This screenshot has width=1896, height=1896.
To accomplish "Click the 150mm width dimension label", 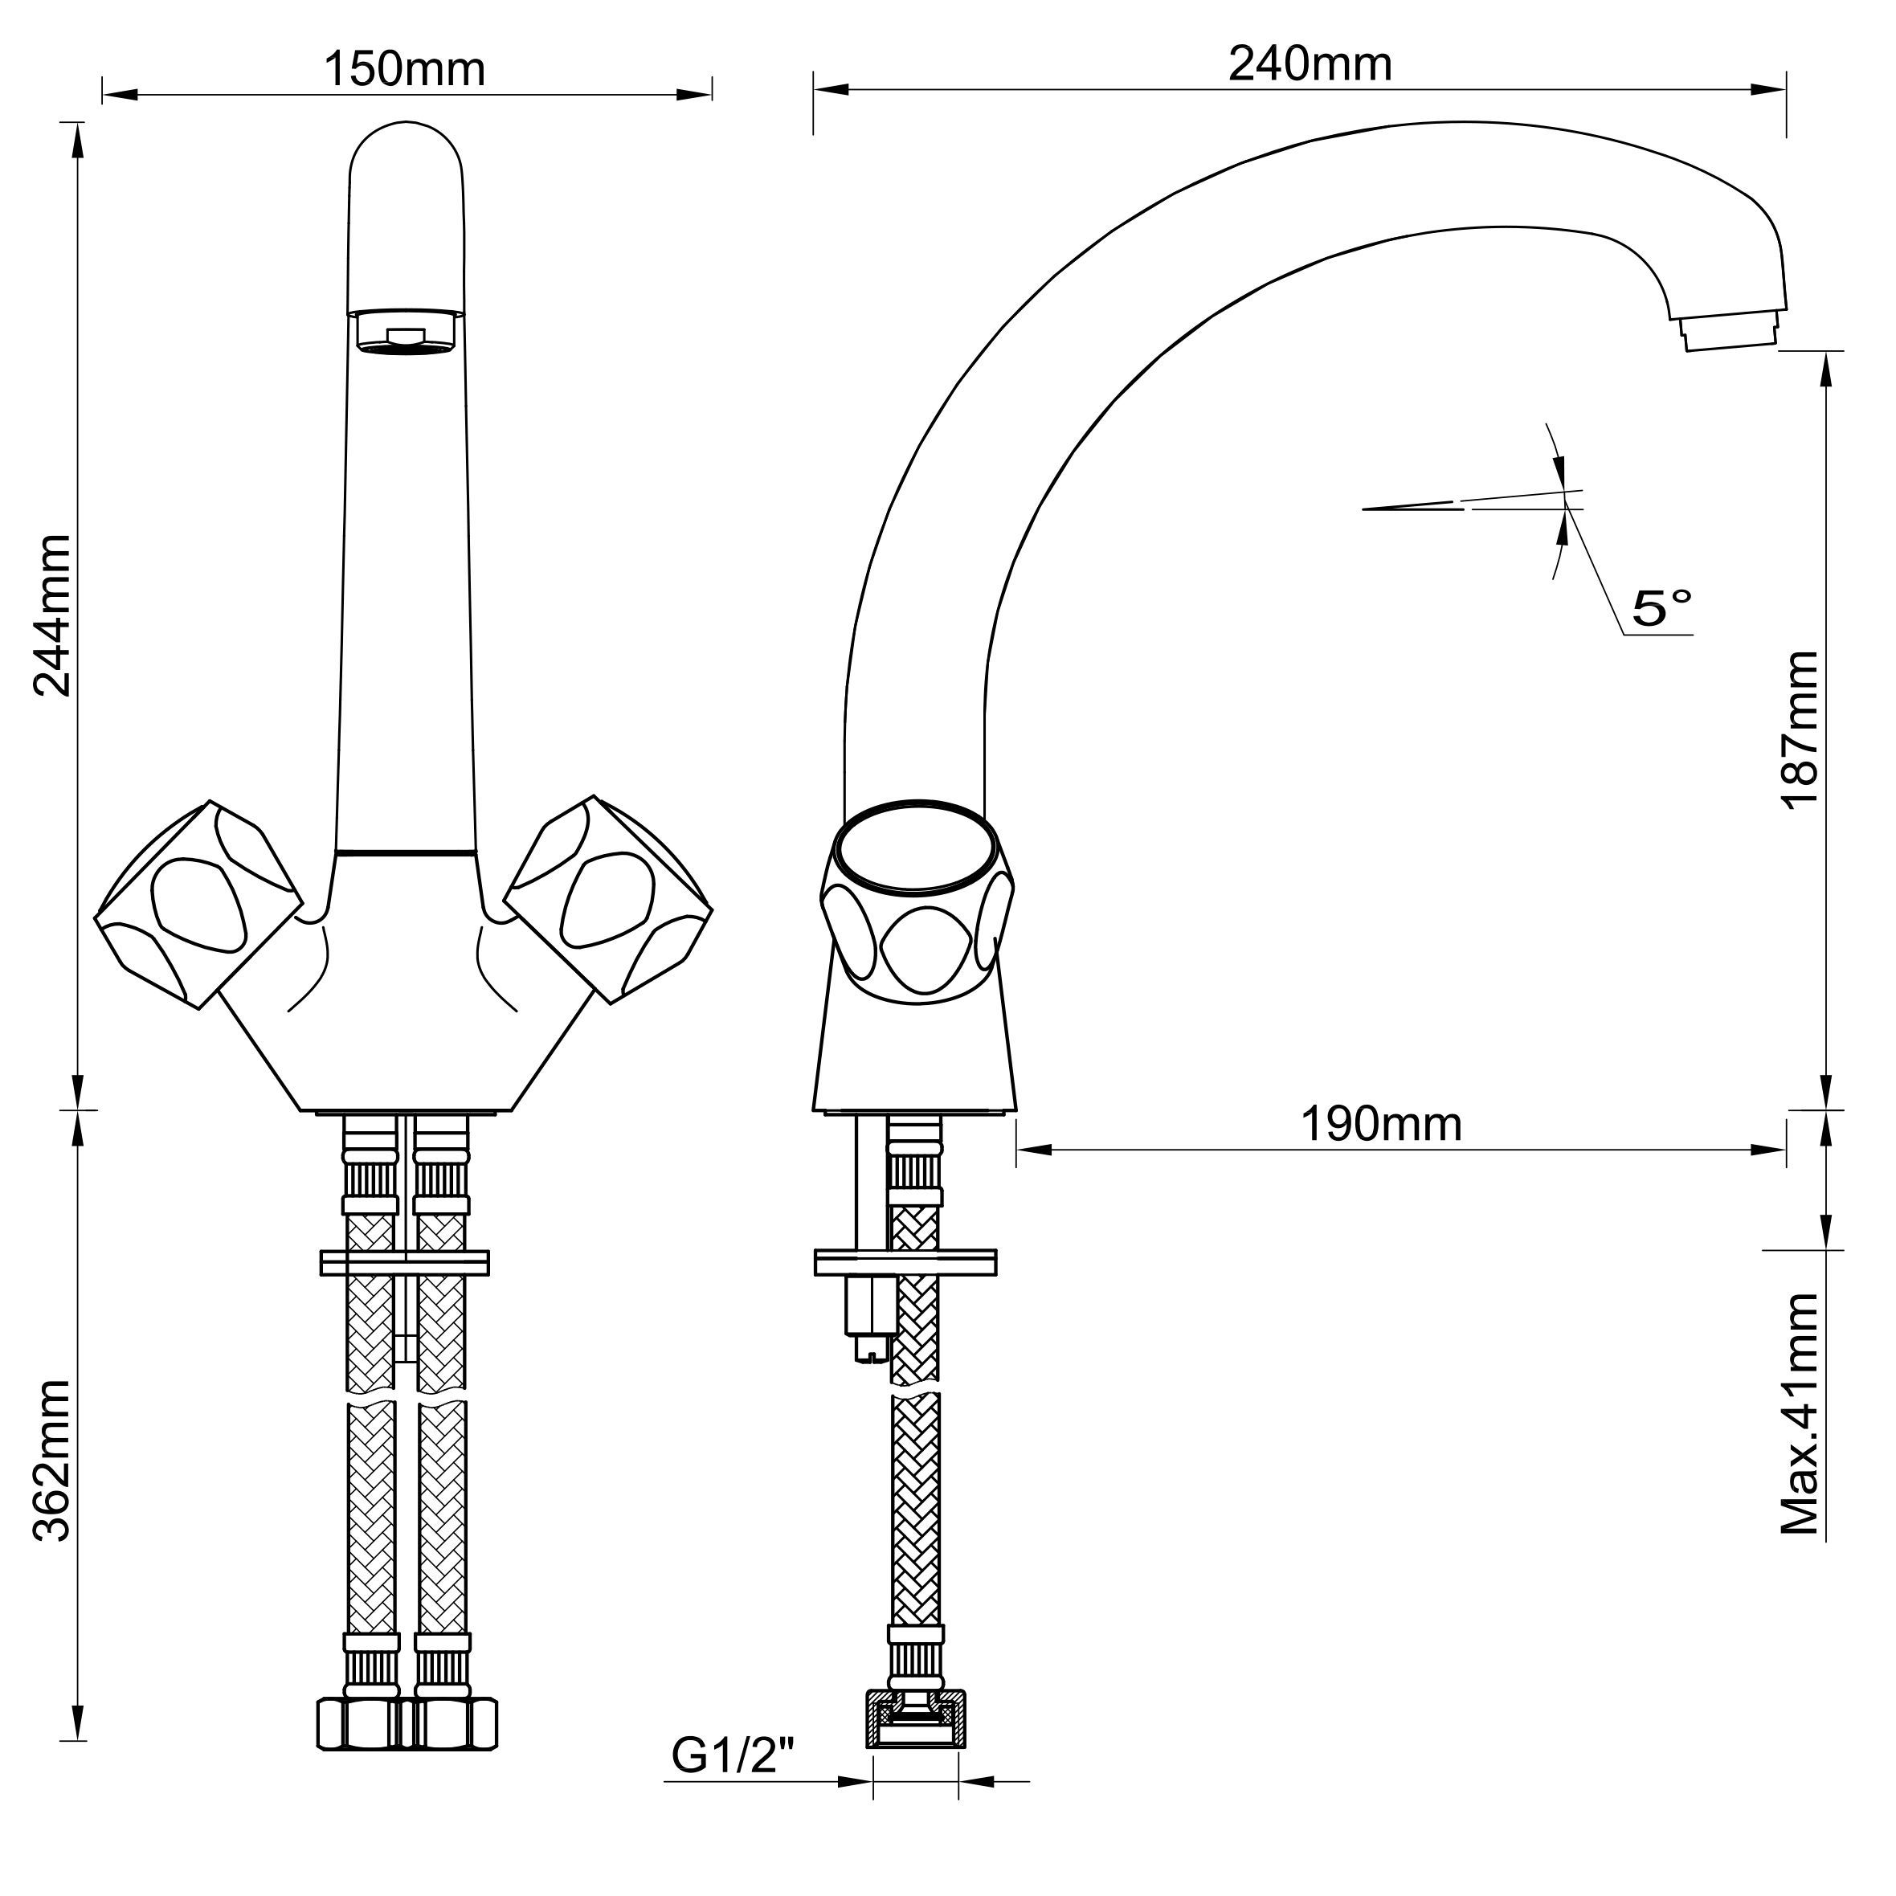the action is [404, 69].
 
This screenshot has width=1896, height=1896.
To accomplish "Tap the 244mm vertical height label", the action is [52, 615].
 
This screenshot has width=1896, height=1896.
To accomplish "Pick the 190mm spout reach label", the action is [1381, 1124].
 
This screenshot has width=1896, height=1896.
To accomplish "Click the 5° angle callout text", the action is [1662, 608].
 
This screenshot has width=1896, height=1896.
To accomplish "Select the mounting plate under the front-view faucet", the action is [404, 1262].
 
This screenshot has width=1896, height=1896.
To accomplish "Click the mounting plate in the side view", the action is [905, 1262].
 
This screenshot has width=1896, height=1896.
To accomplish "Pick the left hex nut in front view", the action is [360, 1723].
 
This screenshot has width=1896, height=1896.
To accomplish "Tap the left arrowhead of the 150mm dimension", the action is [119, 95].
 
